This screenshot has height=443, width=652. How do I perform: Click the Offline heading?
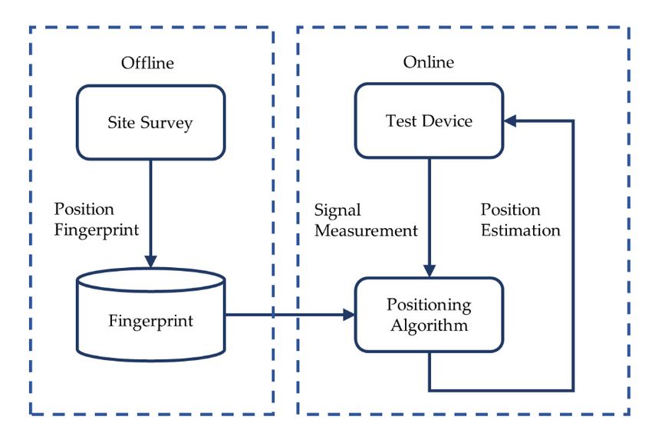[x=147, y=63]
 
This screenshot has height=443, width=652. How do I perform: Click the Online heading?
[x=428, y=62]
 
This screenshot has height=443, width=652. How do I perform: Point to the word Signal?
[x=338, y=210]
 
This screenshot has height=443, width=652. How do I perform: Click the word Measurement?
[x=366, y=230]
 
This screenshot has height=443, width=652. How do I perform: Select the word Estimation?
[x=521, y=230]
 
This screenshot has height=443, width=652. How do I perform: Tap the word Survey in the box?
[x=166, y=124]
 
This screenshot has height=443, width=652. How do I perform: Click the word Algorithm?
[x=429, y=326]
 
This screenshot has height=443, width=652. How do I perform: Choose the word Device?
[x=448, y=121]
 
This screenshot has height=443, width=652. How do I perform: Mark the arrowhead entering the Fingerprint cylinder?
[x=150, y=262]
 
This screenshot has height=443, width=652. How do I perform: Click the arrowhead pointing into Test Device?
[x=510, y=121]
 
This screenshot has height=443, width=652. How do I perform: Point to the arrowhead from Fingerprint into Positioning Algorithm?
[x=348, y=314]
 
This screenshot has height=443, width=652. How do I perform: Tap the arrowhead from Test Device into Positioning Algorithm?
[x=429, y=270]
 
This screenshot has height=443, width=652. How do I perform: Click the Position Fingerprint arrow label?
[x=97, y=220]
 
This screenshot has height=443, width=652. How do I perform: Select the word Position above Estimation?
[x=511, y=210]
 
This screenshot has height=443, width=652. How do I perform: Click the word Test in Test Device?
[x=401, y=121]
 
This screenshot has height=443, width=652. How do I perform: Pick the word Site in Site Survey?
[x=121, y=123]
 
